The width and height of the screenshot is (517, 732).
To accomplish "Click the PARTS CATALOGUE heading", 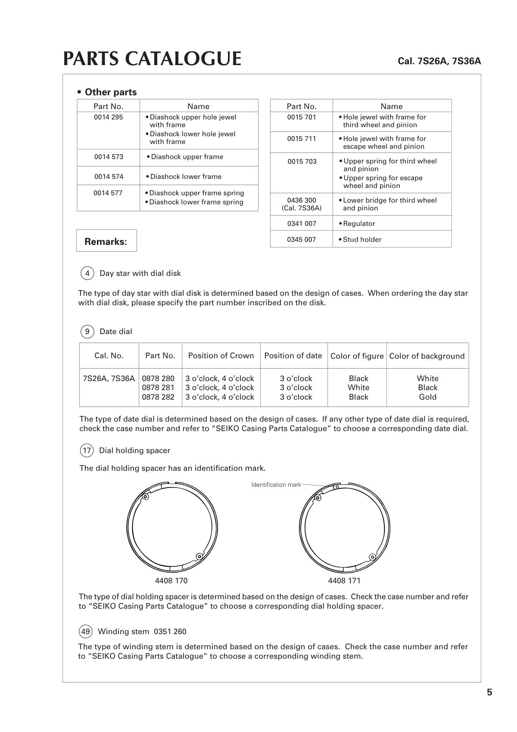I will [152, 59].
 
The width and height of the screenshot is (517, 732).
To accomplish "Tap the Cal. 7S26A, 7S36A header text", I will [439, 61].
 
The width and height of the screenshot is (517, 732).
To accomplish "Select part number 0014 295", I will [109, 117].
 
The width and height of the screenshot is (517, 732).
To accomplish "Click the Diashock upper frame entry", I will [187, 157].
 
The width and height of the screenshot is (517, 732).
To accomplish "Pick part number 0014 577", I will [108, 193].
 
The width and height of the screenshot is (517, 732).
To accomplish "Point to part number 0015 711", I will [302, 139].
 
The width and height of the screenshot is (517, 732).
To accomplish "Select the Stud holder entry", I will [362, 240].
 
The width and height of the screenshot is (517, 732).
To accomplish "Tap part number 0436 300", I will [302, 200].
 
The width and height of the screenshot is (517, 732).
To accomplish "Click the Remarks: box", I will [106, 241].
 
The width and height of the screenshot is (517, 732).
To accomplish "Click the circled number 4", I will [87, 273].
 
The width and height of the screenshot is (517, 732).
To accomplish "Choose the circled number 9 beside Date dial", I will [87, 332].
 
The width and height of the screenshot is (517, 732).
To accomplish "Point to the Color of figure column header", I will [357, 356].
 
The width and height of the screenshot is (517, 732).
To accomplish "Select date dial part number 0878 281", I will [158, 388].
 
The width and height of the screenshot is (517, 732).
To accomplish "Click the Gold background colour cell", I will [427, 397].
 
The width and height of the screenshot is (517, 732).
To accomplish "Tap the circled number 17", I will [87, 450].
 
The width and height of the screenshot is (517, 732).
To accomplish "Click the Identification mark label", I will [276, 485].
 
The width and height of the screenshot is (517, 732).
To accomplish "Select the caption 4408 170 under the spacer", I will [171, 581].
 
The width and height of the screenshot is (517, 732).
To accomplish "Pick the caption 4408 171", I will [344, 581].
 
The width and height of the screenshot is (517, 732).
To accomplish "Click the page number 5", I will [489, 692].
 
